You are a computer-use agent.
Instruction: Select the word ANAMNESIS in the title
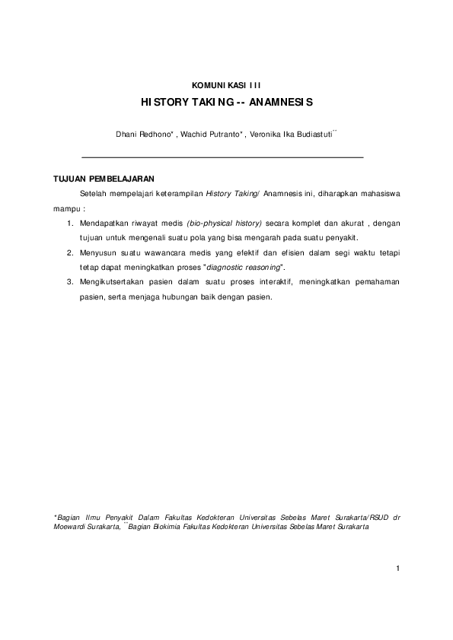click(x=282, y=100)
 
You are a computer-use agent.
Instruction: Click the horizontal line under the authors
click(x=222, y=157)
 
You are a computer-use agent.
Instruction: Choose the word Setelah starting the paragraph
click(x=92, y=195)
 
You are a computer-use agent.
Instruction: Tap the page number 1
click(x=398, y=567)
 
